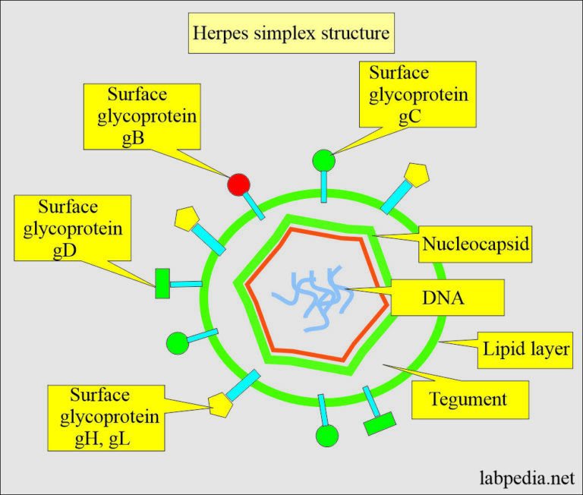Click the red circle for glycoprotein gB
click(x=238, y=184)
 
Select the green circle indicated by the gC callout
click(x=323, y=161)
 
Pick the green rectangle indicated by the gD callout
click(x=162, y=283)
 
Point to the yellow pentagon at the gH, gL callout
click(x=220, y=405)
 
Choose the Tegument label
click(x=468, y=398)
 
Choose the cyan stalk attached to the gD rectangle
click(x=186, y=284)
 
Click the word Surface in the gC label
click(x=399, y=74)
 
